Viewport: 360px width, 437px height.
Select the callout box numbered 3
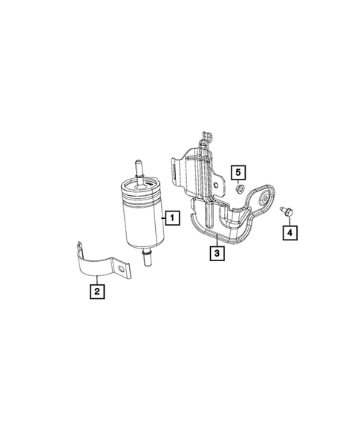coord(216,254)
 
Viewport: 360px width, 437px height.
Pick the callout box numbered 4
coord(287,233)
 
